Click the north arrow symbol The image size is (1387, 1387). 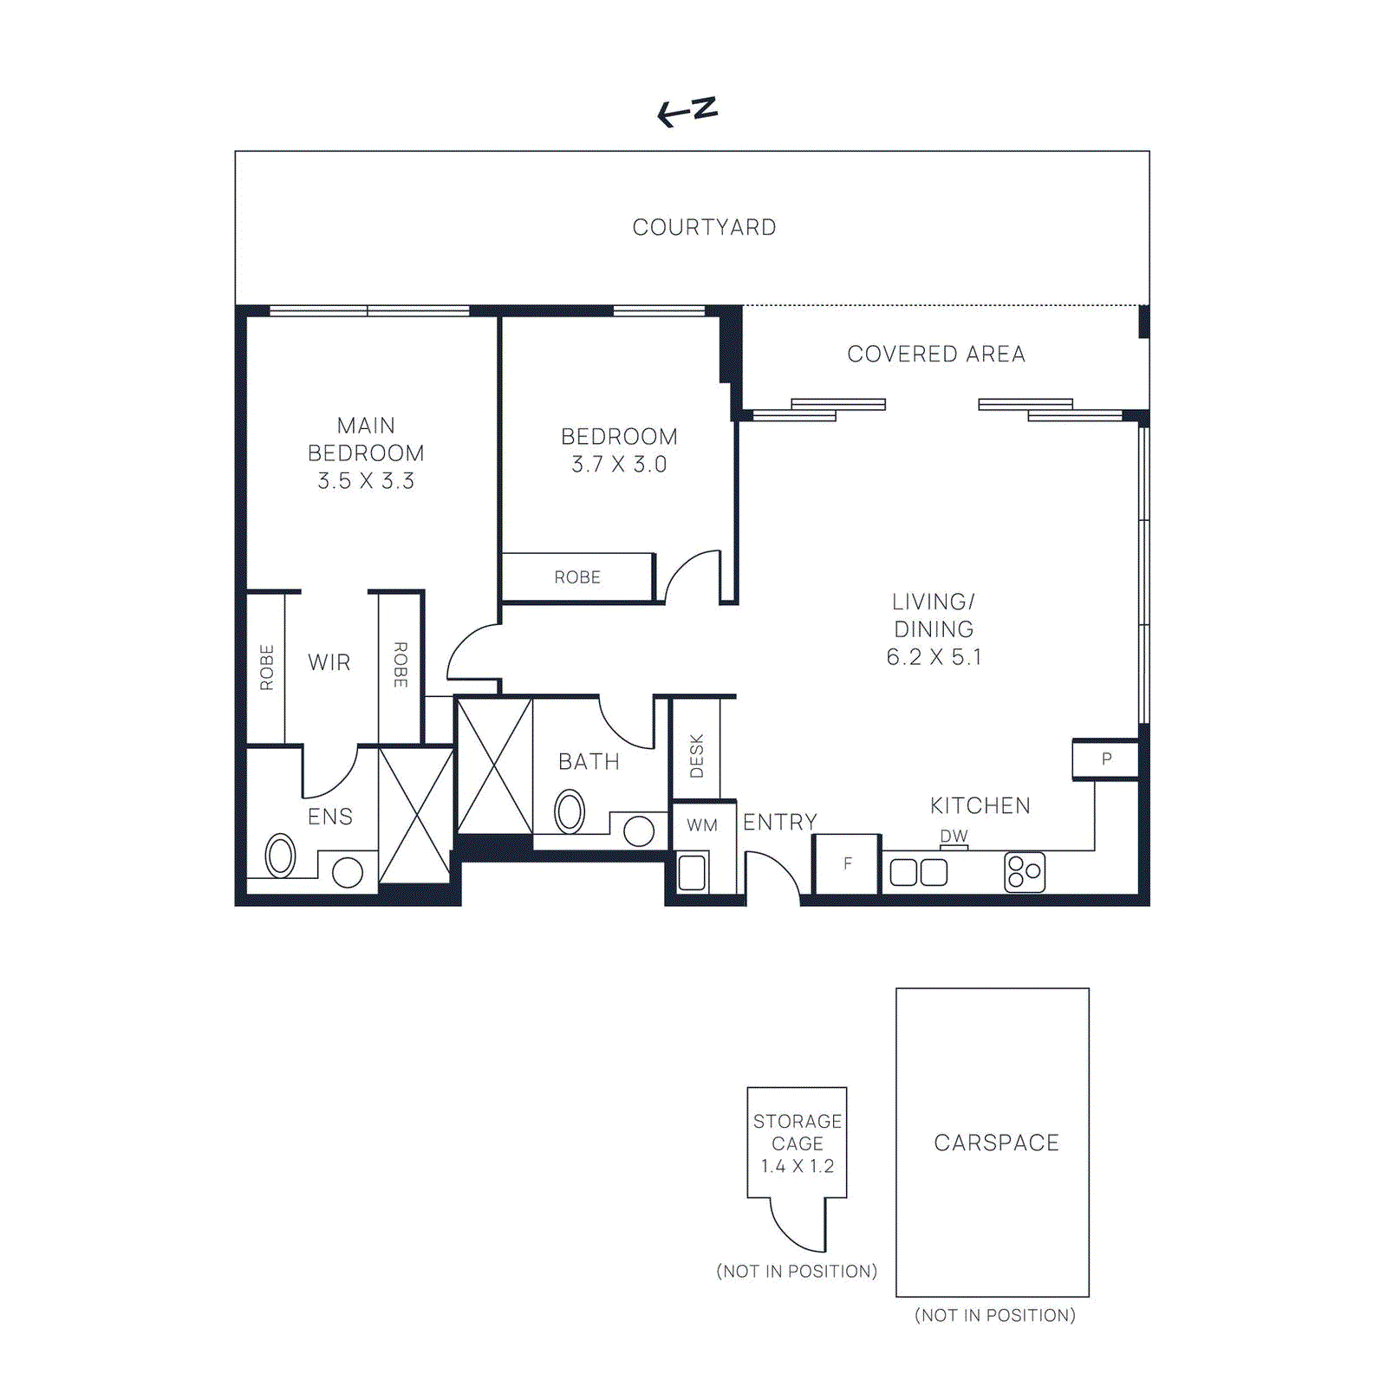click(687, 111)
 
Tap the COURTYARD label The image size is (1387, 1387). click(704, 227)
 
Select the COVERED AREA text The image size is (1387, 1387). click(935, 354)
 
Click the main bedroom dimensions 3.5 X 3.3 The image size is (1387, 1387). click(366, 481)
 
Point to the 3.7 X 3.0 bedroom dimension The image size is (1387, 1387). click(619, 465)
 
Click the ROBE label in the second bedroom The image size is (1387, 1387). click(577, 577)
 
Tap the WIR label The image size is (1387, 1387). click(329, 662)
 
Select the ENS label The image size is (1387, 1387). click(330, 817)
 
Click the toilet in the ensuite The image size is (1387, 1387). click(280, 856)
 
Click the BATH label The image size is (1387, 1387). click(589, 762)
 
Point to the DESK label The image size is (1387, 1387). click(697, 755)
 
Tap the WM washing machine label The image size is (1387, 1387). click(702, 825)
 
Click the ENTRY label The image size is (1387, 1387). click(780, 822)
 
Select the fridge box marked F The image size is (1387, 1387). click(847, 863)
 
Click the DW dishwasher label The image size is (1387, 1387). click(954, 836)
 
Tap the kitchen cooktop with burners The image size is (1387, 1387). click(1024, 872)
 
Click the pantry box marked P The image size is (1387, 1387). click(1105, 759)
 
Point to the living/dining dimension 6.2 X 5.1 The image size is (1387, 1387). click(934, 657)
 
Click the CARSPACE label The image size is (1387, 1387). click(996, 1143)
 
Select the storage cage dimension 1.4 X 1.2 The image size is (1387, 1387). click(797, 1166)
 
